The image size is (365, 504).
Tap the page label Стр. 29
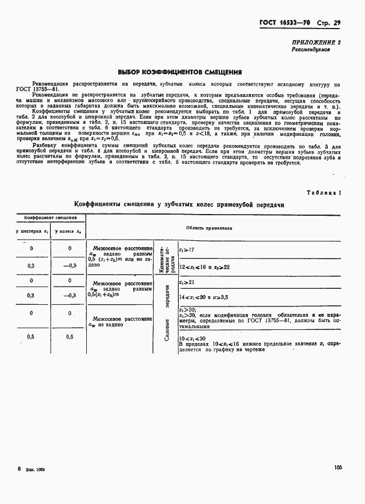(x=329, y=23)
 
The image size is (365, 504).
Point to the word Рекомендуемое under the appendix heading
(x=311, y=50)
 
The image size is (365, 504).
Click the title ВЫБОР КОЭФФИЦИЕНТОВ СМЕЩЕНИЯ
(x=179, y=72)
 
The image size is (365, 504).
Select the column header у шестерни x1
(x=31, y=231)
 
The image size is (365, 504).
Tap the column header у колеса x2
(x=68, y=231)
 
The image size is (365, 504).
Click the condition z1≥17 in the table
(x=187, y=250)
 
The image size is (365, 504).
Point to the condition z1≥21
(x=187, y=282)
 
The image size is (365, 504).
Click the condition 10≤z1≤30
(x=193, y=338)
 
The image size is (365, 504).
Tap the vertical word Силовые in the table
(x=167, y=329)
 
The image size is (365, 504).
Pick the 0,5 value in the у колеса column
(x=69, y=337)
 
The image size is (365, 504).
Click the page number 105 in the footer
(x=338, y=467)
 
